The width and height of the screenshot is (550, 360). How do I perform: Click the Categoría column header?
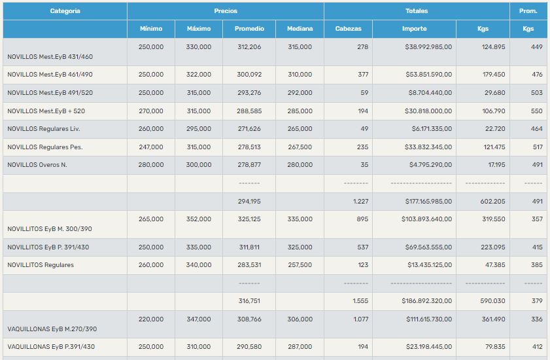[x=65, y=11]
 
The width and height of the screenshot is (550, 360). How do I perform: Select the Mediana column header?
[x=300, y=29]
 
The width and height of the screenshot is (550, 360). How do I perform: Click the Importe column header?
[x=414, y=29]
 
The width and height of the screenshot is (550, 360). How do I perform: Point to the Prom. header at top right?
[x=528, y=11]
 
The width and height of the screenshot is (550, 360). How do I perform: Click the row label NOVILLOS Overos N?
[x=37, y=165]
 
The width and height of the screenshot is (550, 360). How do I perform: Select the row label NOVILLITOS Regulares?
[x=41, y=265]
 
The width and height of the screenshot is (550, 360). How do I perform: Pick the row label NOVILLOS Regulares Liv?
[x=43, y=129]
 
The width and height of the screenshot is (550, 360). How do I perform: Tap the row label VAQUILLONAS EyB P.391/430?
[x=51, y=347]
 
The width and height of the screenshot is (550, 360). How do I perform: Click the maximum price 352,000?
[x=199, y=219]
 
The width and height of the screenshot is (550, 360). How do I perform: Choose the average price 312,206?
[x=249, y=47]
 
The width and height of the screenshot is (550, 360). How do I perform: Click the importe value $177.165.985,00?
[x=426, y=202]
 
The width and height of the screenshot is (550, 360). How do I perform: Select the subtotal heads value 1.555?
[x=360, y=301]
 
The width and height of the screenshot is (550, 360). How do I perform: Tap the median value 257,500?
[x=300, y=265]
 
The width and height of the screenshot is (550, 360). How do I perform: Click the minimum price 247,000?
[x=151, y=147]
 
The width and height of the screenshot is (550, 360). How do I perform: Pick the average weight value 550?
[x=537, y=111]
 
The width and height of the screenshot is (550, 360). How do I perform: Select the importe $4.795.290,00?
[x=430, y=165]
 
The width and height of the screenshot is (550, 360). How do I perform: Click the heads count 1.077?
[x=359, y=319]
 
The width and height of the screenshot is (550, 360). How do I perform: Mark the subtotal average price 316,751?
[x=249, y=301]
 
